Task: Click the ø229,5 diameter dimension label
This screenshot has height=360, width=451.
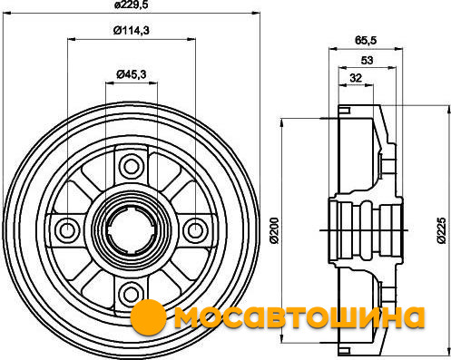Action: pyautogui.click(x=132, y=5)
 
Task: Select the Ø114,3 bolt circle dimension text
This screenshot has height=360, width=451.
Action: pyautogui.click(x=132, y=31)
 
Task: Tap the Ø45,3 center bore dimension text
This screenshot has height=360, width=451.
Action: pyautogui.click(x=132, y=74)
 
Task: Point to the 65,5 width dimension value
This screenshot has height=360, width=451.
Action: pyautogui.click(x=366, y=40)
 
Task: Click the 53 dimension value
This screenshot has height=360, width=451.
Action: pyautogui.click(x=367, y=61)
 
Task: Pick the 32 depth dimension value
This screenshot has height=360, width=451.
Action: pyautogui.click(x=356, y=78)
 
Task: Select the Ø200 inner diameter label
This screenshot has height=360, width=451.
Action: pyautogui.click(x=274, y=230)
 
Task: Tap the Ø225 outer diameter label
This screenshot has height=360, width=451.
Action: pyautogui.click(x=442, y=230)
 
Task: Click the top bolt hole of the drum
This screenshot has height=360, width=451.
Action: pyautogui.click(x=131, y=167)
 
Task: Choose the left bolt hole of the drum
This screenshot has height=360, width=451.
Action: pyautogui.click(x=66, y=230)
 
